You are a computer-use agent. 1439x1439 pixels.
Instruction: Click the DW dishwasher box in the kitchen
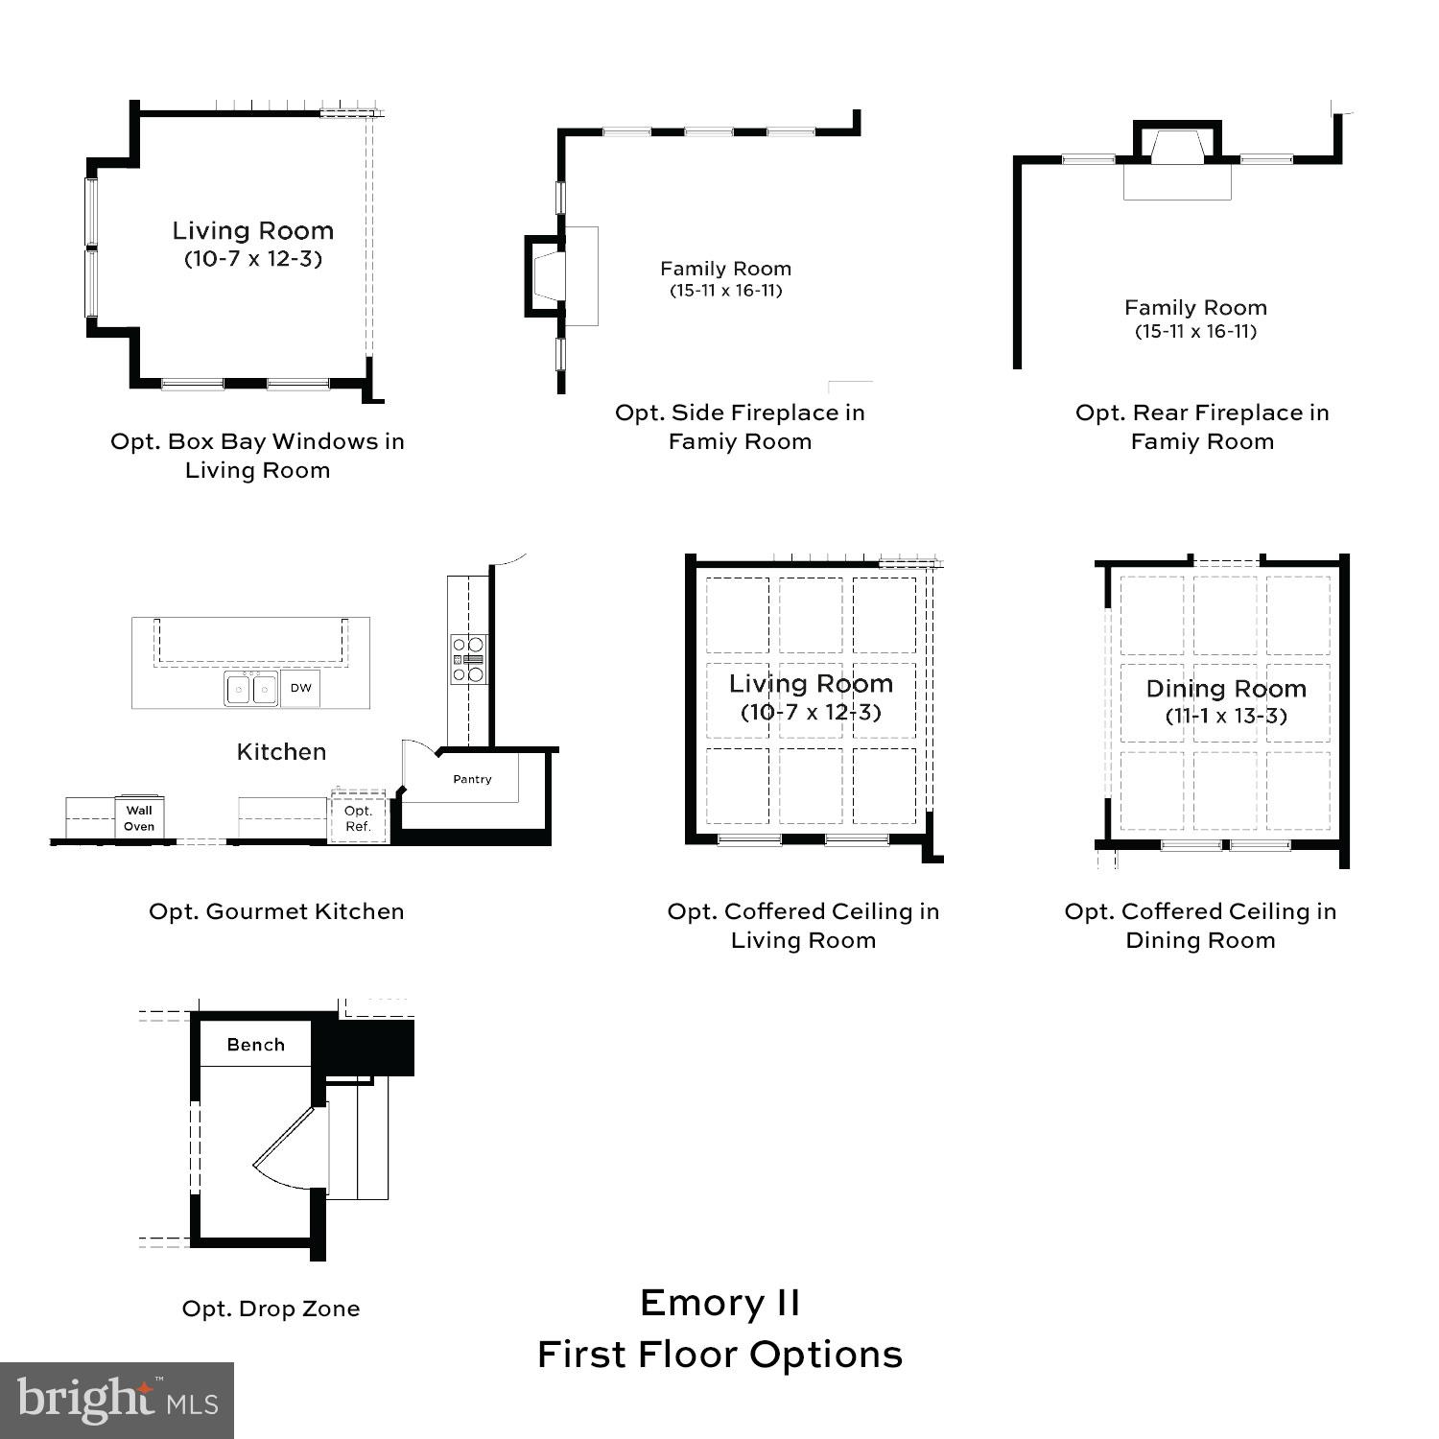(300, 688)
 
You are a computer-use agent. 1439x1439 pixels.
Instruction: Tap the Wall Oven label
(139, 818)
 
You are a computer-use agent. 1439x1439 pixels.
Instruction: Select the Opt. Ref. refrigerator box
(358, 818)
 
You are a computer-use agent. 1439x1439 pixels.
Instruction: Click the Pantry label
(472, 779)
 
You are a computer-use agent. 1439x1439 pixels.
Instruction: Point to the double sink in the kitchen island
(251, 689)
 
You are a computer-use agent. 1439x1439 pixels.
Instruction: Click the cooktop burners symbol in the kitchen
(469, 659)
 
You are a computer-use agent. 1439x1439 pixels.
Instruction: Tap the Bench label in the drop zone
(255, 1045)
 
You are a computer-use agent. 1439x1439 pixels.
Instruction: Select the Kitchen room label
(281, 751)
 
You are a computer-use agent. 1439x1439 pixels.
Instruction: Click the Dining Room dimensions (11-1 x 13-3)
(1226, 716)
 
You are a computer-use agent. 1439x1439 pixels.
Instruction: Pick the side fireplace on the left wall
(545, 275)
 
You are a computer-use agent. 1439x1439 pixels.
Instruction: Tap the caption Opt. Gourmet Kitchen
(276, 911)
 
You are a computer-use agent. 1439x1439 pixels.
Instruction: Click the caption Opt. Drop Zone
(271, 1309)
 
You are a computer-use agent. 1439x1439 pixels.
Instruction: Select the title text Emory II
(719, 1303)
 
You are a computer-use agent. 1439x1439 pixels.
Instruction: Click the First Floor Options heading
(719, 1355)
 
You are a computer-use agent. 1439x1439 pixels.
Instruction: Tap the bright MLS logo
(117, 1401)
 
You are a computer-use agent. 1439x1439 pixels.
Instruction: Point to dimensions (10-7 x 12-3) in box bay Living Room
(253, 258)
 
